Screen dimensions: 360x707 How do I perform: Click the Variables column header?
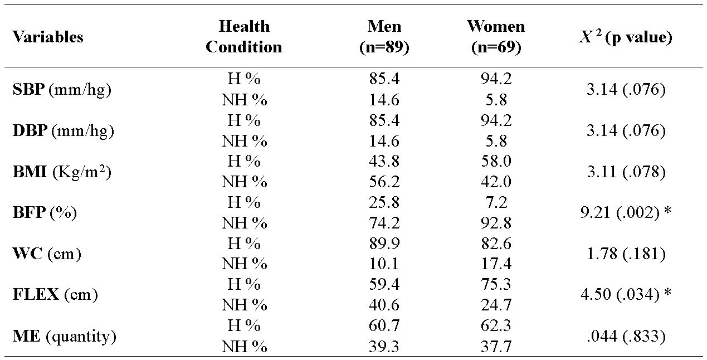click(x=48, y=37)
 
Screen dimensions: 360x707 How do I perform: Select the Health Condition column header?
click(x=244, y=37)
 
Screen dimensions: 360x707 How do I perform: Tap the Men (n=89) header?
click(x=384, y=37)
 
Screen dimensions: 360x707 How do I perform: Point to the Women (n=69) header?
click(x=495, y=37)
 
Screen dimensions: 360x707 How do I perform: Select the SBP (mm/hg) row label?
click(x=62, y=90)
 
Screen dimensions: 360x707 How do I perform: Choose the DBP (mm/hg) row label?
click(x=63, y=131)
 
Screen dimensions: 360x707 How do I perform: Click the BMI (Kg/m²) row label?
click(x=62, y=172)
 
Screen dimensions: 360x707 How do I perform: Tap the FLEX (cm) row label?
click(x=55, y=295)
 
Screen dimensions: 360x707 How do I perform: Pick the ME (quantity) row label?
click(x=64, y=336)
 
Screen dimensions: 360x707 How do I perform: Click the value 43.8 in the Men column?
click(x=384, y=162)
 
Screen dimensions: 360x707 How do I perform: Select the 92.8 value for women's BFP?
click(x=496, y=223)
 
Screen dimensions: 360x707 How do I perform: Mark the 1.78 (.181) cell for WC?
click(x=626, y=254)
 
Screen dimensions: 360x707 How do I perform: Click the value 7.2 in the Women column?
click(x=496, y=202)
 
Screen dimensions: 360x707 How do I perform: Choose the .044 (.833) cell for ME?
click(x=626, y=336)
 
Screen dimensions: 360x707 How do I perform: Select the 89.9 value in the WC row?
click(x=384, y=244)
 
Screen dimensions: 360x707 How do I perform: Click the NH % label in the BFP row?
click(x=245, y=223)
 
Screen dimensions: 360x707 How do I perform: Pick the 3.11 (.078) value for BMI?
click(x=626, y=172)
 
